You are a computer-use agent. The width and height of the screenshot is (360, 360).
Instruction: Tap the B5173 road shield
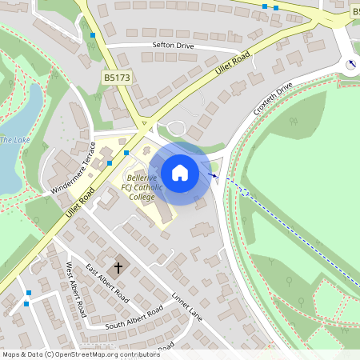pyautogui.click(x=116, y=77)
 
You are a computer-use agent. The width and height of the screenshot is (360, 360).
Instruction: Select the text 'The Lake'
pyautogui.click(x=14, y=140)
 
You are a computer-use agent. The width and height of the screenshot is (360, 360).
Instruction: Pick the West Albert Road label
pyautogui.click(x=75, y=289)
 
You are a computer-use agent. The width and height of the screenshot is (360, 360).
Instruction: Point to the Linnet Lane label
pyautogui.click(x=188, y=306)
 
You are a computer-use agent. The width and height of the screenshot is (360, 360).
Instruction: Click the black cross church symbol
pyautogui.click(x=119, y=267)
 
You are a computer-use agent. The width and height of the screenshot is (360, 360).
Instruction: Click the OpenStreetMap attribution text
pyautogui.click(x=81, y=354)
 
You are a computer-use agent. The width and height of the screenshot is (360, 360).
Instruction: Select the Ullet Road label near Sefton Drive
pyautogui.click(x=233, y=63)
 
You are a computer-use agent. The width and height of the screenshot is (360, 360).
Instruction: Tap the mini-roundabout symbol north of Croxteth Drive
pyautogui.click(x=350, y=64)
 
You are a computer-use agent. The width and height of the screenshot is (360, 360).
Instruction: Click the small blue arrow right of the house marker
pyautogui.click(x=214, y=174)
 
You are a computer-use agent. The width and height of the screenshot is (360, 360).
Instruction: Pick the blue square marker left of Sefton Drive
pyautogui.click(x=94, y=36)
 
